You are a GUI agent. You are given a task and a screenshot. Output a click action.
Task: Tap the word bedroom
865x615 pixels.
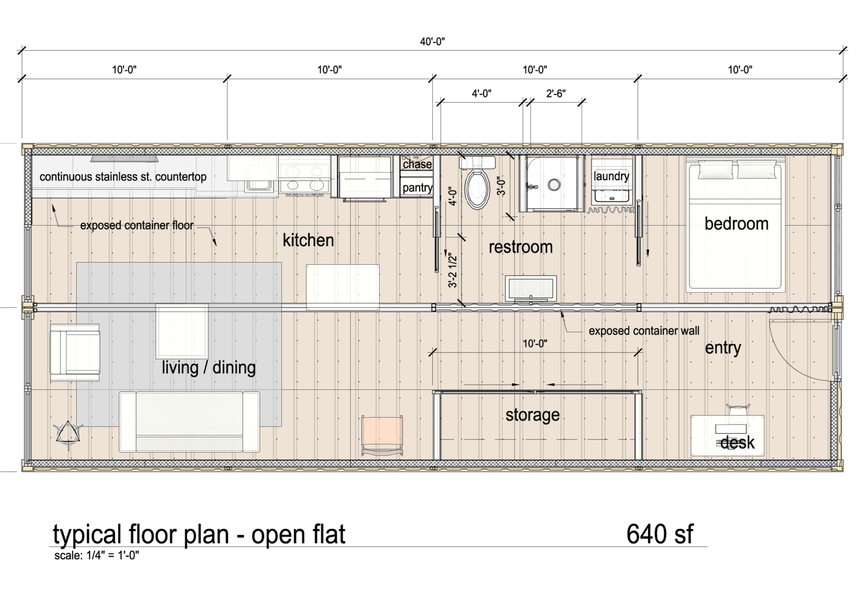[x=736, y=224]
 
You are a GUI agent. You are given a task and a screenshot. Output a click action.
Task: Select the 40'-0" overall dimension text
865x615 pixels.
[x=432, y=42]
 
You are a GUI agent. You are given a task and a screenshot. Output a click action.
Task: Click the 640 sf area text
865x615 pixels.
[x=660, y=534]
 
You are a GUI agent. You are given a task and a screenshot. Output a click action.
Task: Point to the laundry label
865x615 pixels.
[x=611, y=176]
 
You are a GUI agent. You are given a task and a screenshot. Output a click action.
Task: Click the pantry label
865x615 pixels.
[x=417, y=188]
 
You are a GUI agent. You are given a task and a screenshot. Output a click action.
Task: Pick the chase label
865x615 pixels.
[x=417, y=164]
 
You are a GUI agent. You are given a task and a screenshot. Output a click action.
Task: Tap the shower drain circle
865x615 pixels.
[x=554, y=184]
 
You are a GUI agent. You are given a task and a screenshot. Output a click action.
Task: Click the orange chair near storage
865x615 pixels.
[x=382, y=431]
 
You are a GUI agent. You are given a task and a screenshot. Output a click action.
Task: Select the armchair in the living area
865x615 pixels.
[x=75, y=352]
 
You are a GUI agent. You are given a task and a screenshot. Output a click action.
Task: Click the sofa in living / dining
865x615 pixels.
[x=189, y=422]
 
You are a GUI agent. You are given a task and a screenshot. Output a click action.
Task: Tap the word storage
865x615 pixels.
[x=532, y=415]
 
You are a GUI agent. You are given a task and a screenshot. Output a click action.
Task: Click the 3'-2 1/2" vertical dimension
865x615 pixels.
[x=453, y=270]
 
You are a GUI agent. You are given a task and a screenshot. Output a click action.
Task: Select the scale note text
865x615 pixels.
[x=97, y=556]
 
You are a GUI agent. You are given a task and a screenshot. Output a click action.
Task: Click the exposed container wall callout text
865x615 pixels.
[x=644, y=331]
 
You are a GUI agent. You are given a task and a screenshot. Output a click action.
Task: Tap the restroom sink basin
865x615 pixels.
[x=531, y=289]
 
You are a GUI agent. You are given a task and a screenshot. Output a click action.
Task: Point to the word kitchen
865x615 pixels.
[x=308, y=240]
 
